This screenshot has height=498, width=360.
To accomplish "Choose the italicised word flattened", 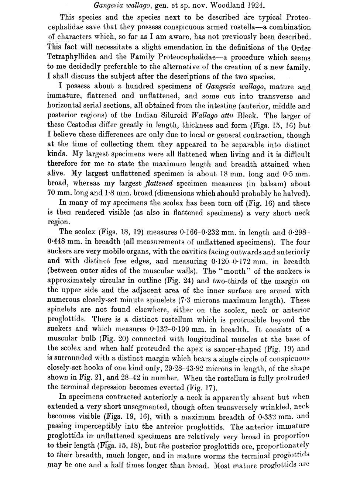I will point(159,184).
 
